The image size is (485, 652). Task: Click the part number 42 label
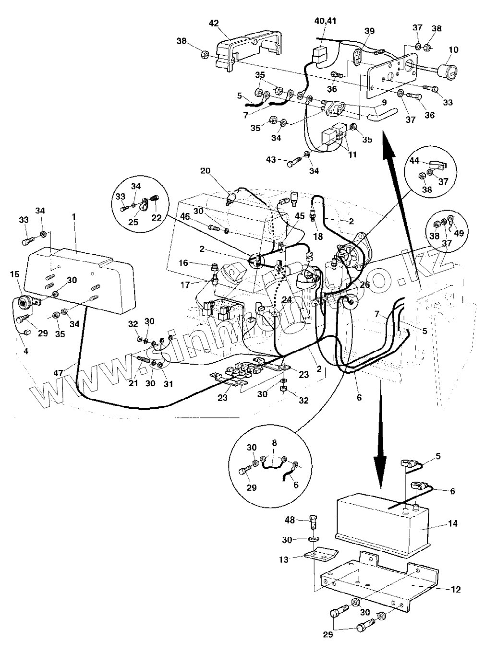coord(214,23)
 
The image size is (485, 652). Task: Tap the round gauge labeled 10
coord(450,71)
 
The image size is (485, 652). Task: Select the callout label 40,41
coord(325,21)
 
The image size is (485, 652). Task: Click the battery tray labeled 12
coord(379,583)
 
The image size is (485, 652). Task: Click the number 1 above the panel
coord(74,216)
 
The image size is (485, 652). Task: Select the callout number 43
coord(271,159)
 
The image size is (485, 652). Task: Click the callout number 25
coord(133,223)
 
